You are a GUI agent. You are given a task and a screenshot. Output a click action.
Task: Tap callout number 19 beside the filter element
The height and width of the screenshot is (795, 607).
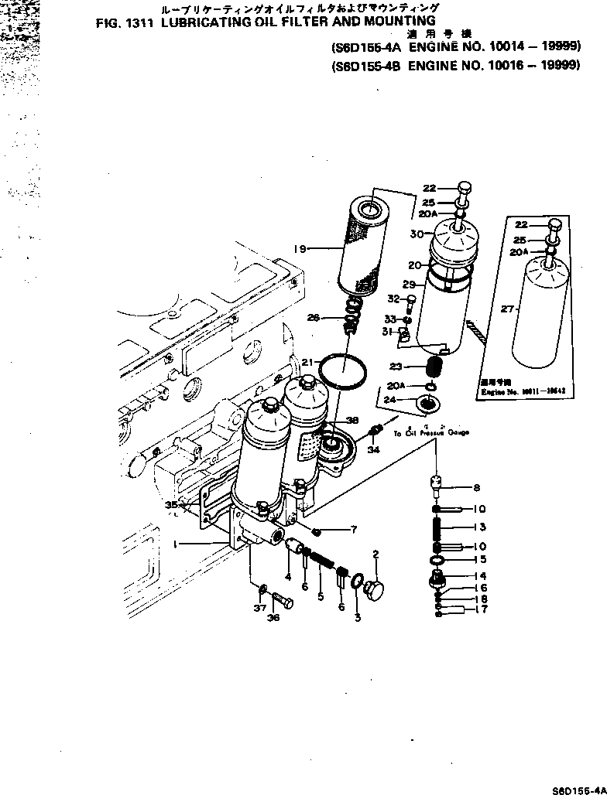tap(300, 248)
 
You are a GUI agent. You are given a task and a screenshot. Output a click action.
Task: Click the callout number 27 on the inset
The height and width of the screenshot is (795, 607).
tap(507, 309)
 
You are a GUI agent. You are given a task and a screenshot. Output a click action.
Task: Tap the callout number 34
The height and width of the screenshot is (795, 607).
tap(373, 449)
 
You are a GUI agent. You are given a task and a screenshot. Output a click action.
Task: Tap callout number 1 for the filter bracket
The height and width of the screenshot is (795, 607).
tap(177, 544)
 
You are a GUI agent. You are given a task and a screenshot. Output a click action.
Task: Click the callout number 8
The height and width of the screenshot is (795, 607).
tap(477, 487)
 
